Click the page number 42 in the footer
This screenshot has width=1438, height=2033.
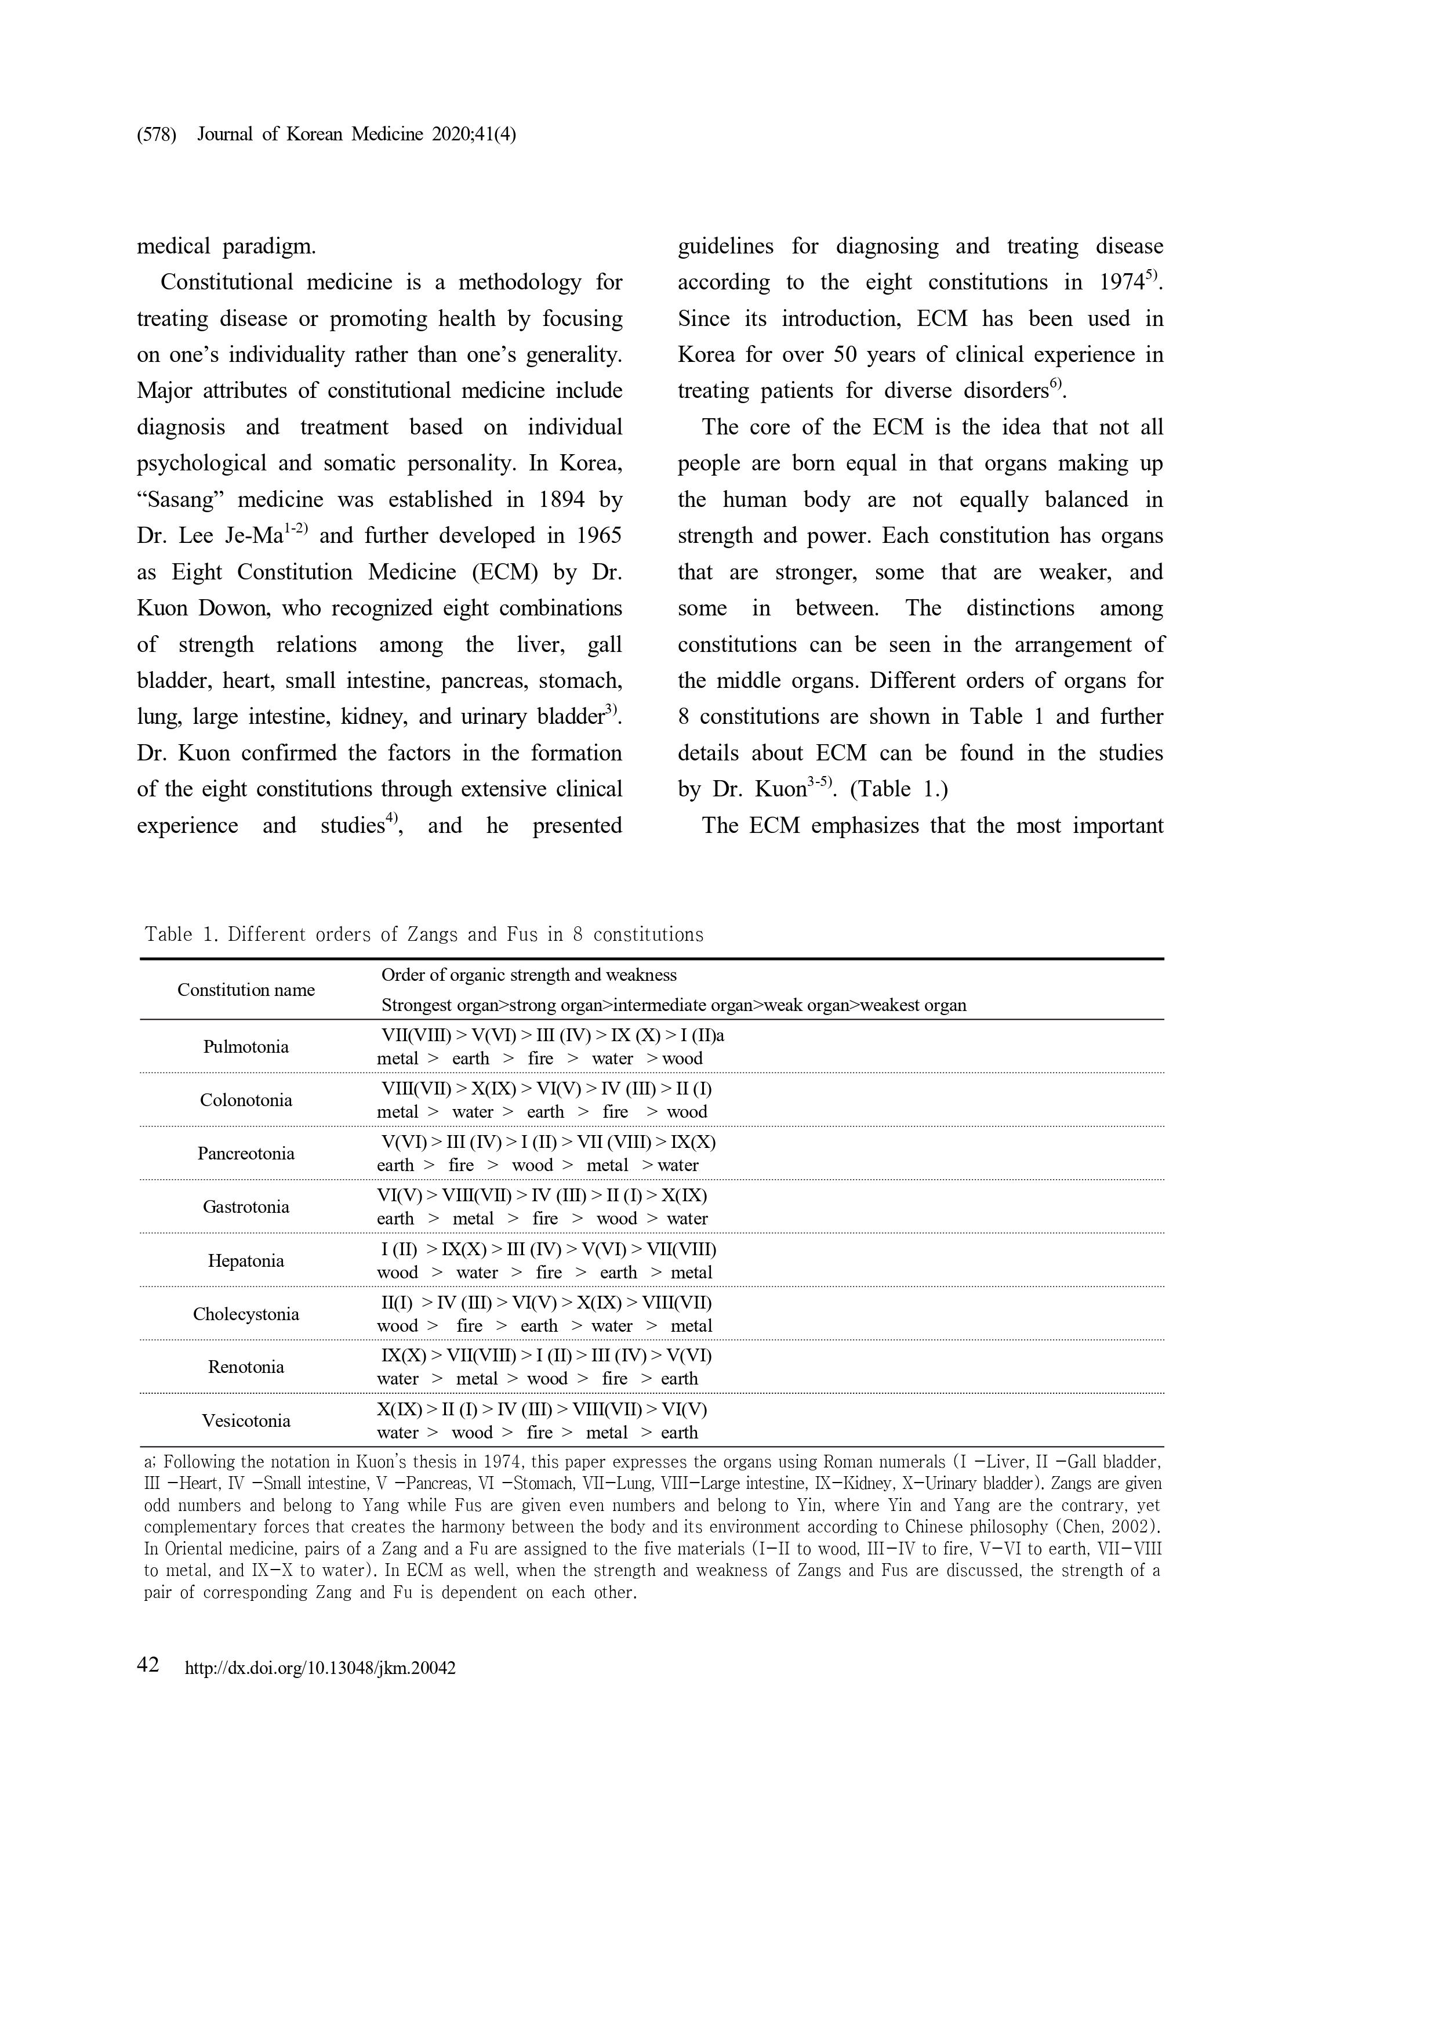pyautogui.click(x=148, y=1665)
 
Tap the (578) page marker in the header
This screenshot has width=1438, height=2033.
pyautogui.click(x=156, y=135)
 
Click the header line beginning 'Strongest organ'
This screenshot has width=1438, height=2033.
pyautogui.click(x=673, y=1005)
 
